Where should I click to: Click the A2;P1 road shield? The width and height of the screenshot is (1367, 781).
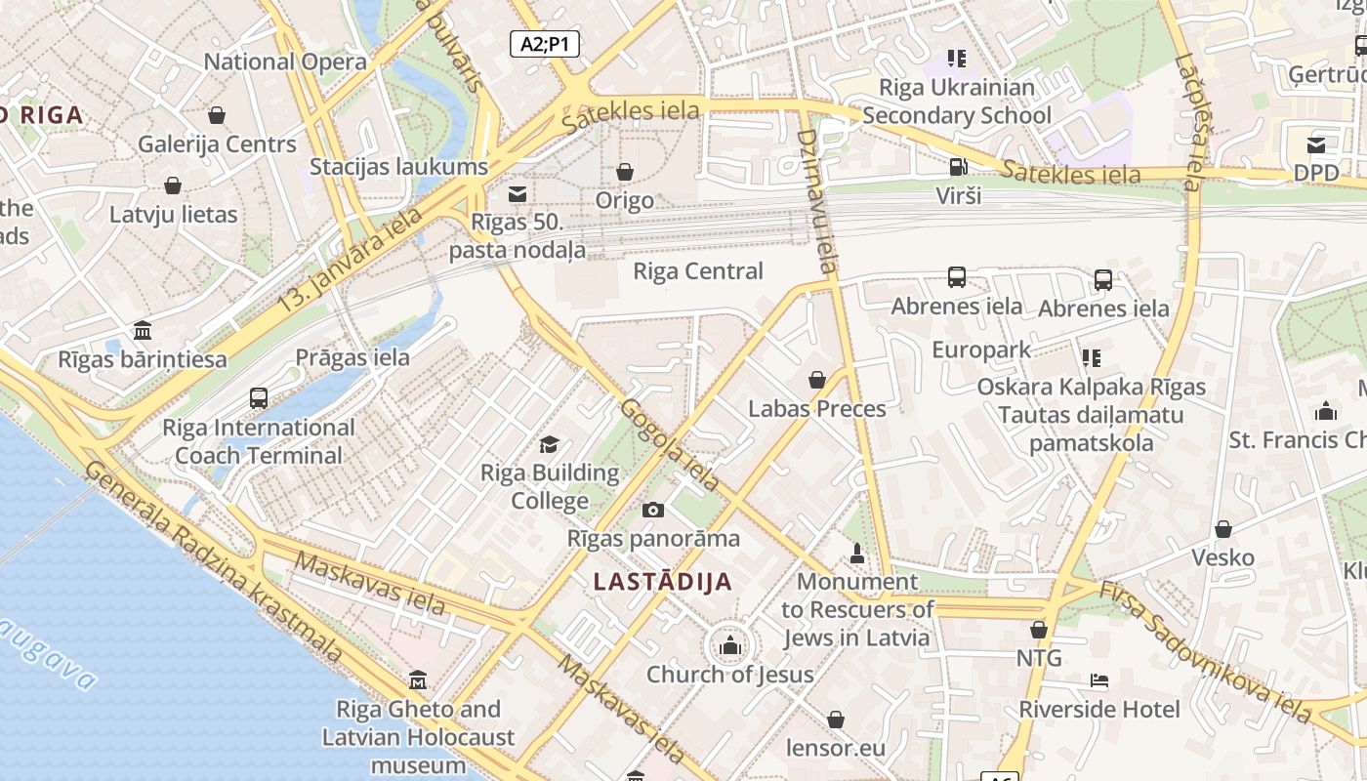(544, 43)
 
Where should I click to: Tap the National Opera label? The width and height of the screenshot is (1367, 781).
(285, 62)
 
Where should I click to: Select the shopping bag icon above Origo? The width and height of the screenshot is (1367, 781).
(625, 173)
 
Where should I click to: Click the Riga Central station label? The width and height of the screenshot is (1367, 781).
(698, 270)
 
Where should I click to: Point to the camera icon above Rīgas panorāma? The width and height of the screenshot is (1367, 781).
(653, 510)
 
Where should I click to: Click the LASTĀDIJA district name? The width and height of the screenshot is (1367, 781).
(663, 582)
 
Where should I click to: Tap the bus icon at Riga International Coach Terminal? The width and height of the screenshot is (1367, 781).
(259, 398)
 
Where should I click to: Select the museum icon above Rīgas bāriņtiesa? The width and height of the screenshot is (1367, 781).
(143, 330)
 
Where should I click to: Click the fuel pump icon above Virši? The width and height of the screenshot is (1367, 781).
(958, 167)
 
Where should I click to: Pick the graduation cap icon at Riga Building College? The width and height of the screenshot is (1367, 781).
(550, 445)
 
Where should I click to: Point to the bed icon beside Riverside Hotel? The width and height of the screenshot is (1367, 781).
(1099, 680)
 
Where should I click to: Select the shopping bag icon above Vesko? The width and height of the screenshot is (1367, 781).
(1222, 529)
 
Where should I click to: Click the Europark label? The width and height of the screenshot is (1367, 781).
(981, 349)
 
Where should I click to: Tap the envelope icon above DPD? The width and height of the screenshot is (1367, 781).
(1316, 145)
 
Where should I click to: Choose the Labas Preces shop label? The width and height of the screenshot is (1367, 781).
(817, 408)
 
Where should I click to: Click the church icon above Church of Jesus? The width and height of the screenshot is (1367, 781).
(729, 645)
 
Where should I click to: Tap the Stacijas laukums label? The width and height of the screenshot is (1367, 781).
(398, 166)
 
